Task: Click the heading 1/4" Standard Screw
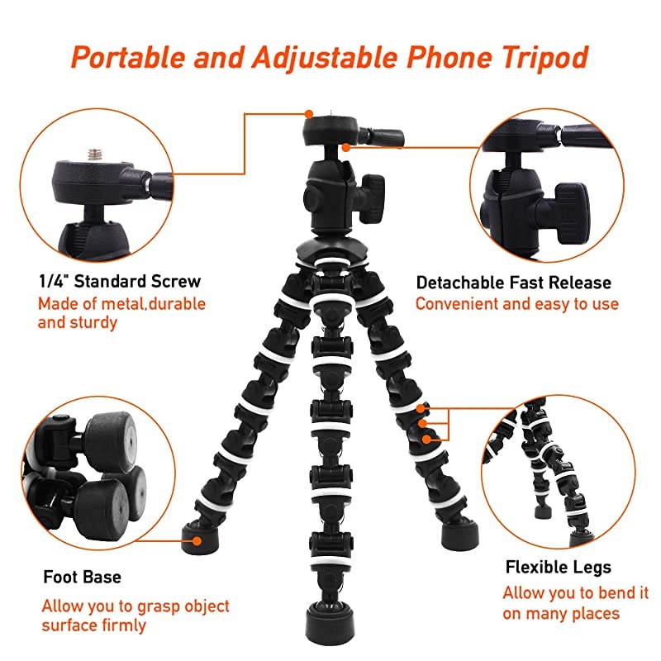coord(119,281)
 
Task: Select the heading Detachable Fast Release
coord(513,283)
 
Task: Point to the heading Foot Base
coord(82,577)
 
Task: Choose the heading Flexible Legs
coord(558,567)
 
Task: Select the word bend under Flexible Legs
coord(610,593)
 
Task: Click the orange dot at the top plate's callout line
coord(308,113)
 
